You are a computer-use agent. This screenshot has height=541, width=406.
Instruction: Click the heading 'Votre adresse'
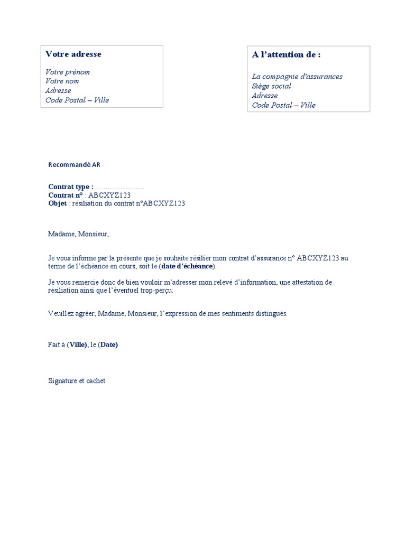coord(73,54)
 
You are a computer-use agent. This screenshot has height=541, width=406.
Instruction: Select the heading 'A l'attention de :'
coord(286,54)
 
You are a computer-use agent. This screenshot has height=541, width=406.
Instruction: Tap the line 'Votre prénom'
coord(68,72)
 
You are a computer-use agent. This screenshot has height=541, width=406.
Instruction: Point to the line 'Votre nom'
coord(62,81)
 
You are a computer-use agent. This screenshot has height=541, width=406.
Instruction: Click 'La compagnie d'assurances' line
coord(297,77)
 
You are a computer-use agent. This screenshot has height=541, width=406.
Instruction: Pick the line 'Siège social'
coord(272,86)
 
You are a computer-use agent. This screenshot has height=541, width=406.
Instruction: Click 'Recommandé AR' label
coord(74,165)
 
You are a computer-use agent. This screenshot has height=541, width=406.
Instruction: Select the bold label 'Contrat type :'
coord(71,186)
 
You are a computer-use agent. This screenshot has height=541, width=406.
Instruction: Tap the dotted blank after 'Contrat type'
coord(120,187)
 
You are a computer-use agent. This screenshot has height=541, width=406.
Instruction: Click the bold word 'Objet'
coord(58,203)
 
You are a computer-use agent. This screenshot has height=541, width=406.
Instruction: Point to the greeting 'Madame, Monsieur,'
coord(78,234)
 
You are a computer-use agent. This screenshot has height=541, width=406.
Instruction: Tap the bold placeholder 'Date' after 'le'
coord(108,345)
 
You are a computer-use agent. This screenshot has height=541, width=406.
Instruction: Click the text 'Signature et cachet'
coord(77,380)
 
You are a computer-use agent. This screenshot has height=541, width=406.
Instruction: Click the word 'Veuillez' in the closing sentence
coord(60,313)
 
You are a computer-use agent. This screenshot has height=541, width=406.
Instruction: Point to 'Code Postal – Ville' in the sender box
coord(77,100)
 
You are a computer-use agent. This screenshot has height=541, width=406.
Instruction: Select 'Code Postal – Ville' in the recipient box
coord(284,105)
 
